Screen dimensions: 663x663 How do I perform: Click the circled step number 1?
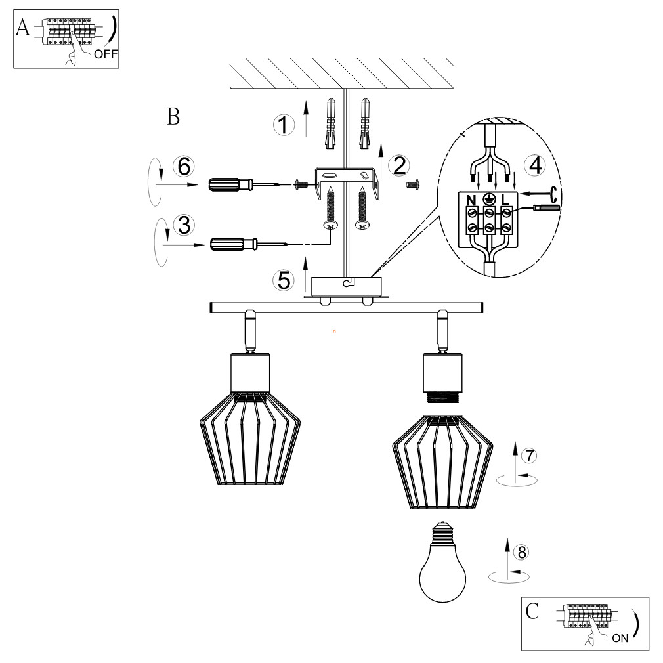point(284,125)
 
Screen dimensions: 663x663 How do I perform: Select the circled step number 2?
point(399,165)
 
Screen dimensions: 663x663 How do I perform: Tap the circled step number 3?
point(184,225)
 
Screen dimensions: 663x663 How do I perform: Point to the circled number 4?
point(535,165)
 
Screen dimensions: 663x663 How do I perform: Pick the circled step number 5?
point(284,280)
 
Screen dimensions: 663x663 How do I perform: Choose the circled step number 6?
point(184,166)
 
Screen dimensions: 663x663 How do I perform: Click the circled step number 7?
point(529,456)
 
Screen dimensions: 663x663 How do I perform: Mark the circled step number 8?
point(521,552)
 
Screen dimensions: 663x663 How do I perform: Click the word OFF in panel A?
point(106,54)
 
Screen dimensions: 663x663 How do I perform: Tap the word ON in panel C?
point(620,638)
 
